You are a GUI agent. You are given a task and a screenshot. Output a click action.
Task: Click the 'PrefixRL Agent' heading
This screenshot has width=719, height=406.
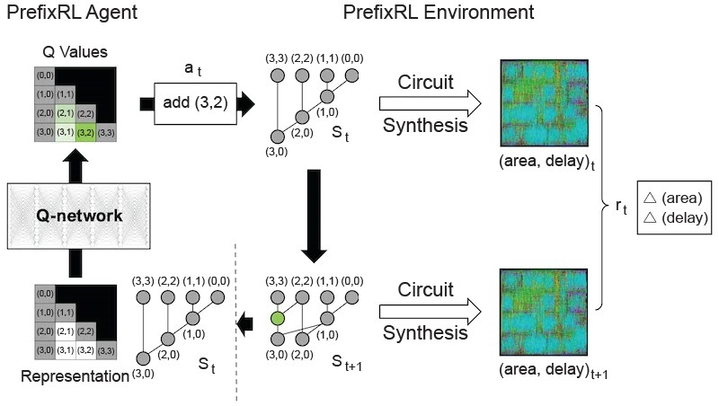click(64, 13)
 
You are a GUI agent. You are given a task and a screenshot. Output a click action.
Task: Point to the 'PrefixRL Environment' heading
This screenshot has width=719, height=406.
click(439, 13)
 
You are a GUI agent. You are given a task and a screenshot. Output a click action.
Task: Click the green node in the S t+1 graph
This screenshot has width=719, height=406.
click(278, 317)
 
